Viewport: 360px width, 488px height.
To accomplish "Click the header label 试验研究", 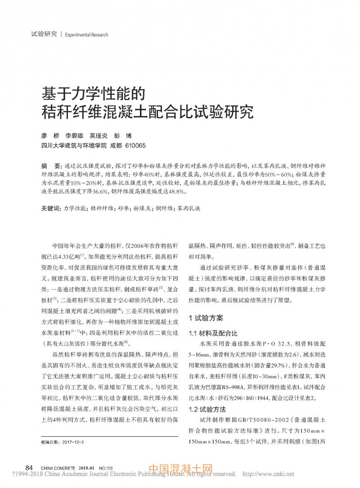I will pyautogui.click(x=44, y=34).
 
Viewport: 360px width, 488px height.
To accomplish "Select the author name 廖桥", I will pyautogui.click(x=50, y=136).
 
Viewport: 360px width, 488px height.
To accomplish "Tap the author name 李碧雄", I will pyautogui.click(x=76, y=136).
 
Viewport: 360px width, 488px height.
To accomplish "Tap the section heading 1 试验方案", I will pyautogui.click(x=206, y=318).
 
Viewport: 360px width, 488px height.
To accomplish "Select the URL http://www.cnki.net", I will pyautogui.click(x=268, y=474).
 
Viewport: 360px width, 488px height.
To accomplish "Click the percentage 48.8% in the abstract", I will pyautogui.click(x=176, y=191).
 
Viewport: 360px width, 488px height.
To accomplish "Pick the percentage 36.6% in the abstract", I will pyautogui.click(x=97, y=191).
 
